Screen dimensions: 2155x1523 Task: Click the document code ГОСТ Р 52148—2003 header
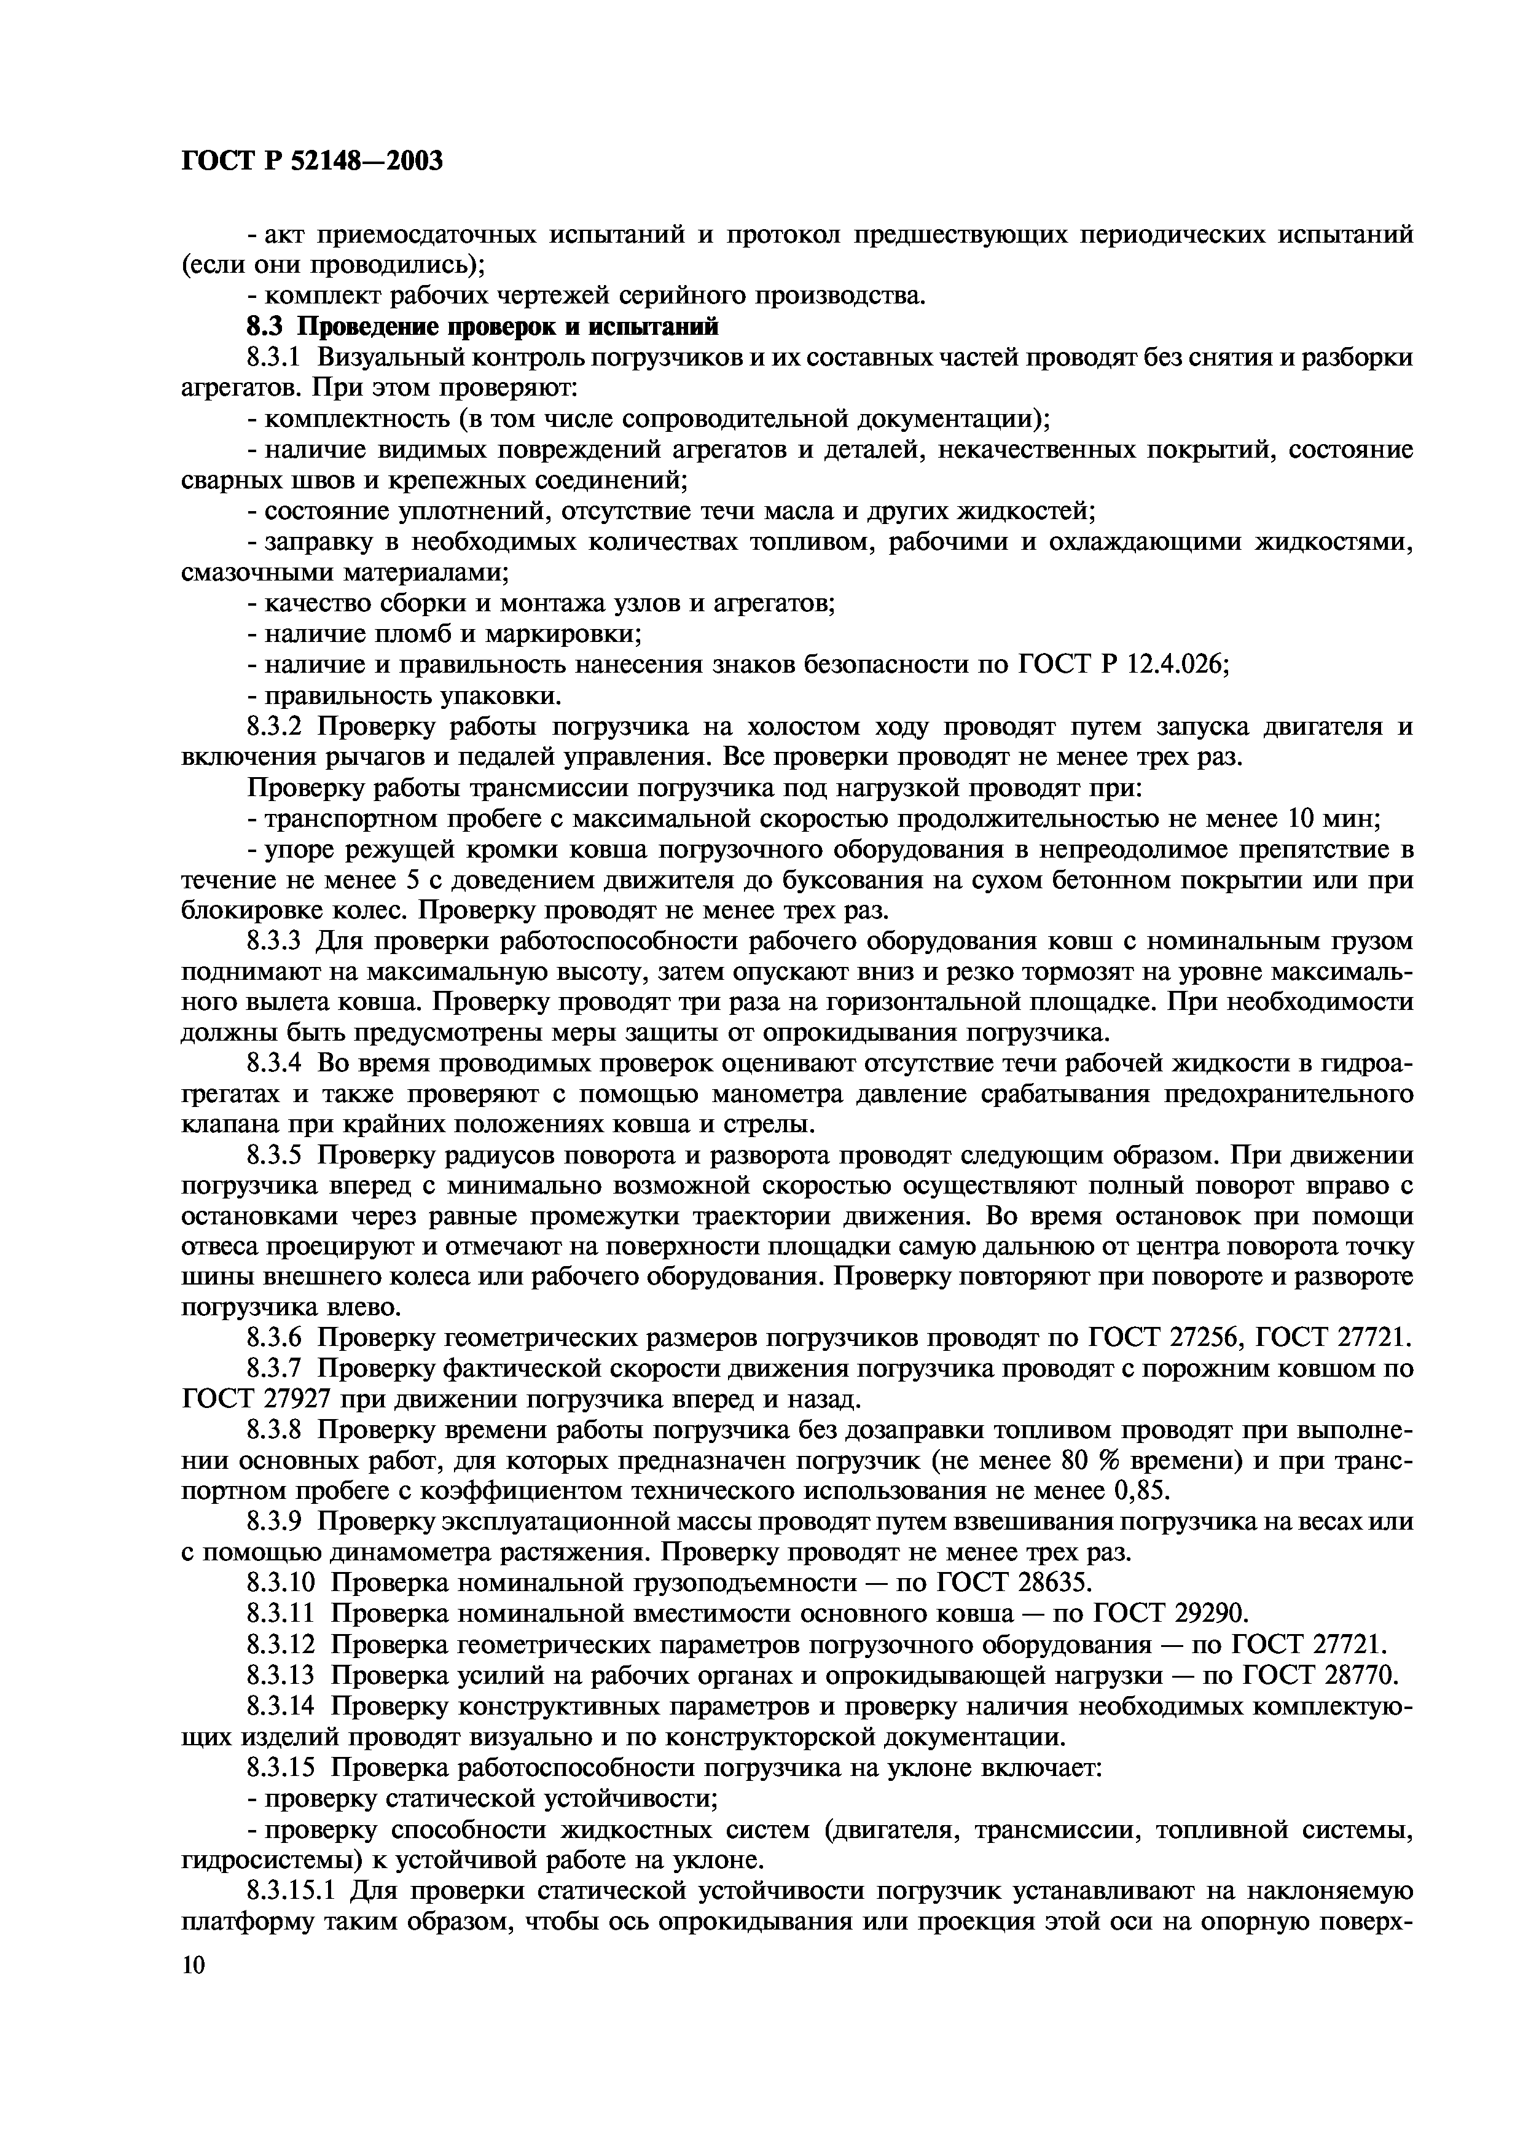coord(311,162)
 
